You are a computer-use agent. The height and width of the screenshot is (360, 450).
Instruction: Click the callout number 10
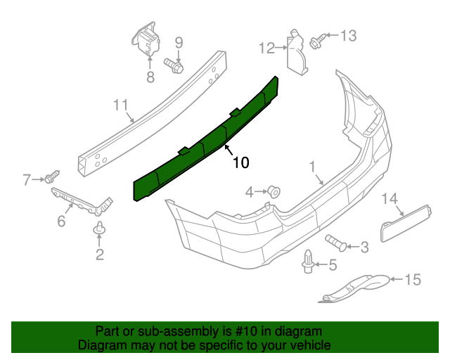[240, 163]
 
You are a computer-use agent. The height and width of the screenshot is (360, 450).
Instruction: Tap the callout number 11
[122, 106]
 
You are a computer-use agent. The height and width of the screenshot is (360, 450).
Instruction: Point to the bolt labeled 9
[175, 65]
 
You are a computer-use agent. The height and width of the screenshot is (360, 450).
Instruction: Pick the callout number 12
[267, 48]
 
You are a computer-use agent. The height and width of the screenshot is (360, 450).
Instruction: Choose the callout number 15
[412, 280]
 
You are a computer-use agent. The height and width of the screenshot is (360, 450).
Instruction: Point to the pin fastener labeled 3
[336, 243]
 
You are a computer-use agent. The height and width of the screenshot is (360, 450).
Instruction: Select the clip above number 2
[98, 229]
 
